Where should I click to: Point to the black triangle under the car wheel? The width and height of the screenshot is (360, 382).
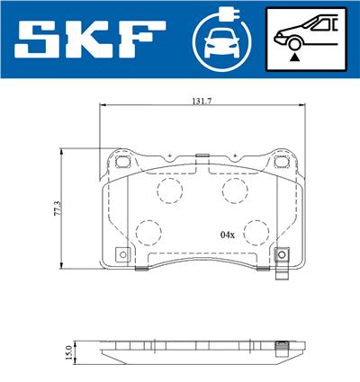coord(293,56)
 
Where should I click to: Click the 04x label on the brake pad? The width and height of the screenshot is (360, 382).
coord(227,235)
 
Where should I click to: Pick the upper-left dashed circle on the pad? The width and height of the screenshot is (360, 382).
coord(167,190)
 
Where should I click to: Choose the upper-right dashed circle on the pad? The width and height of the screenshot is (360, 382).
coord(235,190)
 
